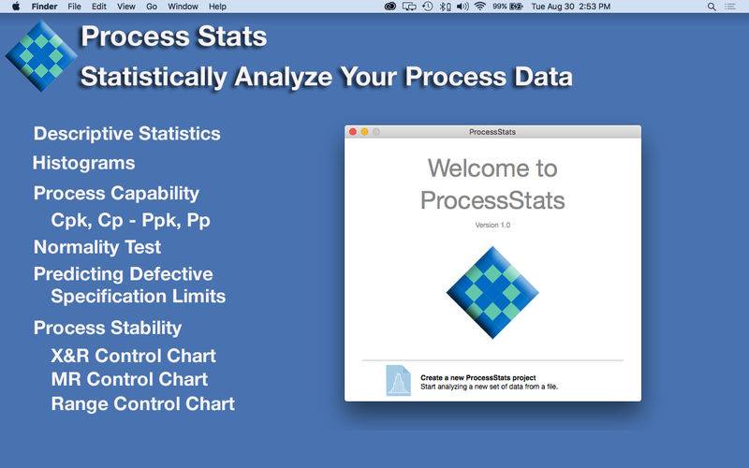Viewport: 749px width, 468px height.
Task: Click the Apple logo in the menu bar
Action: click(16, 7)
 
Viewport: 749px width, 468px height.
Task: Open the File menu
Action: click(74, 7)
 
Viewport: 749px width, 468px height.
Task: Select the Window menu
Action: click(183, 7)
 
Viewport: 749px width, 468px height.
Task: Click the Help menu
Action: click(217, 7)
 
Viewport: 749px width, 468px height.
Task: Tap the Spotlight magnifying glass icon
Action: click(712, 7)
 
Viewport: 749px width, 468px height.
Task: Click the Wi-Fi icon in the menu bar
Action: click(480, 7)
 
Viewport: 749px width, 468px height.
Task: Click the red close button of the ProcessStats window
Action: click(353, 132)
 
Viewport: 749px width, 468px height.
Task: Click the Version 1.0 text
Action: click(492, 225)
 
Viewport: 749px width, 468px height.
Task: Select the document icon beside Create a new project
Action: click(399, 381)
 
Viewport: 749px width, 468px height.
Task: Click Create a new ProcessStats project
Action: click(477, 377)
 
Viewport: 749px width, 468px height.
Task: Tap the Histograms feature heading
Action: click(84, 163)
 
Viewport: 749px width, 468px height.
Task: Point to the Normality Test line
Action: click(97, 247)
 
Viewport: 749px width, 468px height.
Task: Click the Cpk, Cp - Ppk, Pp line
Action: click(130, 220)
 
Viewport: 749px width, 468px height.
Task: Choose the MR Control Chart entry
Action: click(129, 379)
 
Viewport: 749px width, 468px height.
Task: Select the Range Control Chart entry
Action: click(143, 404)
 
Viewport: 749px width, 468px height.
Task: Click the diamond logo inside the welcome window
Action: click(492, 292)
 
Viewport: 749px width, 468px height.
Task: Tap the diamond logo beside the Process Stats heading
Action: click(41, 56)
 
